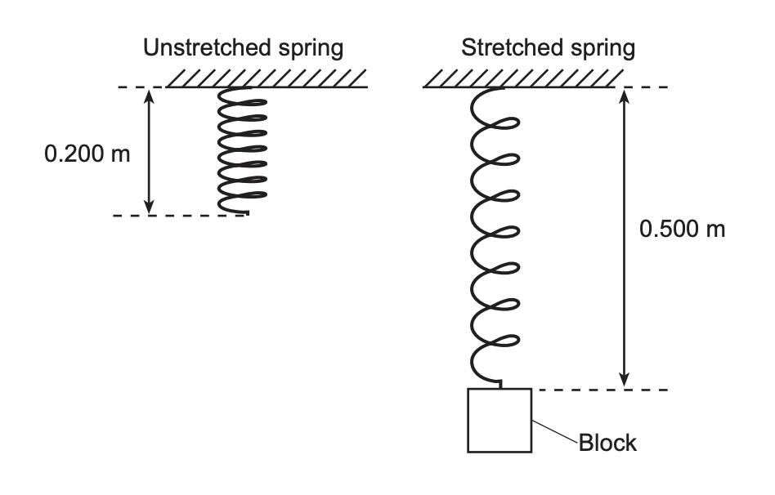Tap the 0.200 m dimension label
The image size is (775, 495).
87,154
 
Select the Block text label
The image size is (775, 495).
607,444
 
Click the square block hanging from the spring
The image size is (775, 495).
499,420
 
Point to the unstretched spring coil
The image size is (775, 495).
243,151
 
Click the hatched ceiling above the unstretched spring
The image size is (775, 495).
267,78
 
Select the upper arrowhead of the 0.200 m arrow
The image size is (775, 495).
149,94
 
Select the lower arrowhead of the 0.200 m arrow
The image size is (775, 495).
149,207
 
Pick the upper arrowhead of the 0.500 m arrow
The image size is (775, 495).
625,95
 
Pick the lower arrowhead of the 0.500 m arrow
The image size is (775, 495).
625,381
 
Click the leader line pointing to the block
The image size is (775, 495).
555,432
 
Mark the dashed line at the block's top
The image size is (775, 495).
601,390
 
